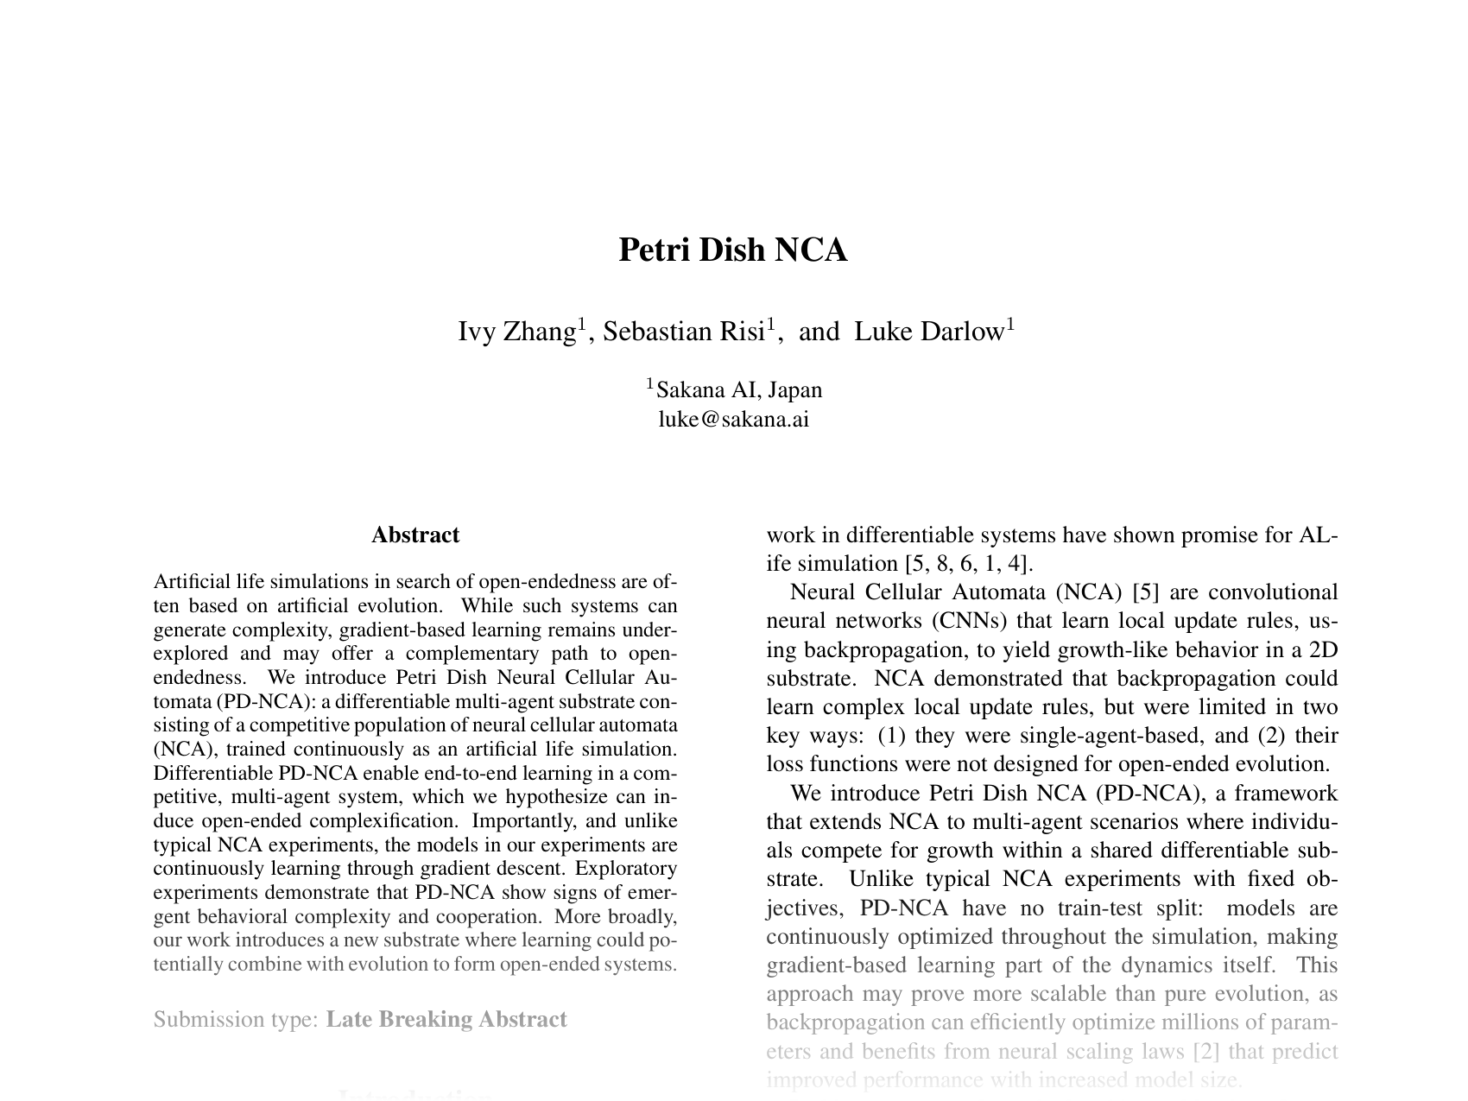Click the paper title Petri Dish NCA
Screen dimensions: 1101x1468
point(733,250)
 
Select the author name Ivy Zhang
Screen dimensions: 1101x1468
point(516,332)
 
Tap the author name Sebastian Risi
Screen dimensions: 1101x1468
point(683,332)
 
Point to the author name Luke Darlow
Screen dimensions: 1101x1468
point(929,332)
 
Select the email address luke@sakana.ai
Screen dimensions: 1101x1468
point(733,420)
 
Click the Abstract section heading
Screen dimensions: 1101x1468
point(415,535)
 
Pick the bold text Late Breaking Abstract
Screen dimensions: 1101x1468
point(446,1020)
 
